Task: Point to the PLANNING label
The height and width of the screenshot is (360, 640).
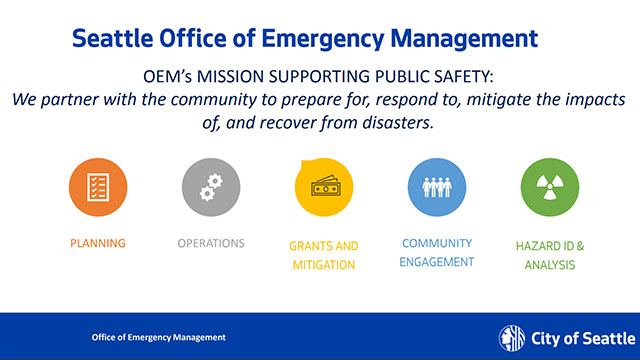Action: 98,243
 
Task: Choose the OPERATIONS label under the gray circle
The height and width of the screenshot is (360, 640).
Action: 211,243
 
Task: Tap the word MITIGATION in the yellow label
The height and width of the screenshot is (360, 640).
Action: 323,266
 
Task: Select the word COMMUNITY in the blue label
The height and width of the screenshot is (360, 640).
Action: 437,243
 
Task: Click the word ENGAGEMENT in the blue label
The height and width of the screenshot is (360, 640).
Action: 437,263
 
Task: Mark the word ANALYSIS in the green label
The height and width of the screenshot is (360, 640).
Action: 550,266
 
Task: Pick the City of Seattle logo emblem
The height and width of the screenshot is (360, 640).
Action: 509,336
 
